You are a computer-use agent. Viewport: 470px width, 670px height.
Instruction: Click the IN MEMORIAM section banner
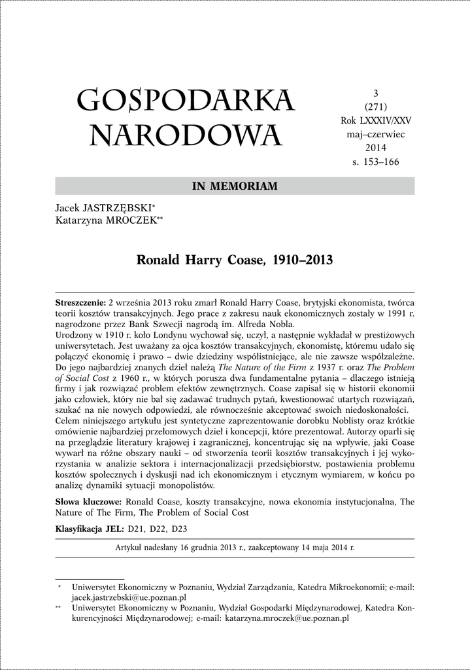[x=235, y=186]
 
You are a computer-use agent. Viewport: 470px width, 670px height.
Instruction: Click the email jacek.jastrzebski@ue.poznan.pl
[x=129, y=597]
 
